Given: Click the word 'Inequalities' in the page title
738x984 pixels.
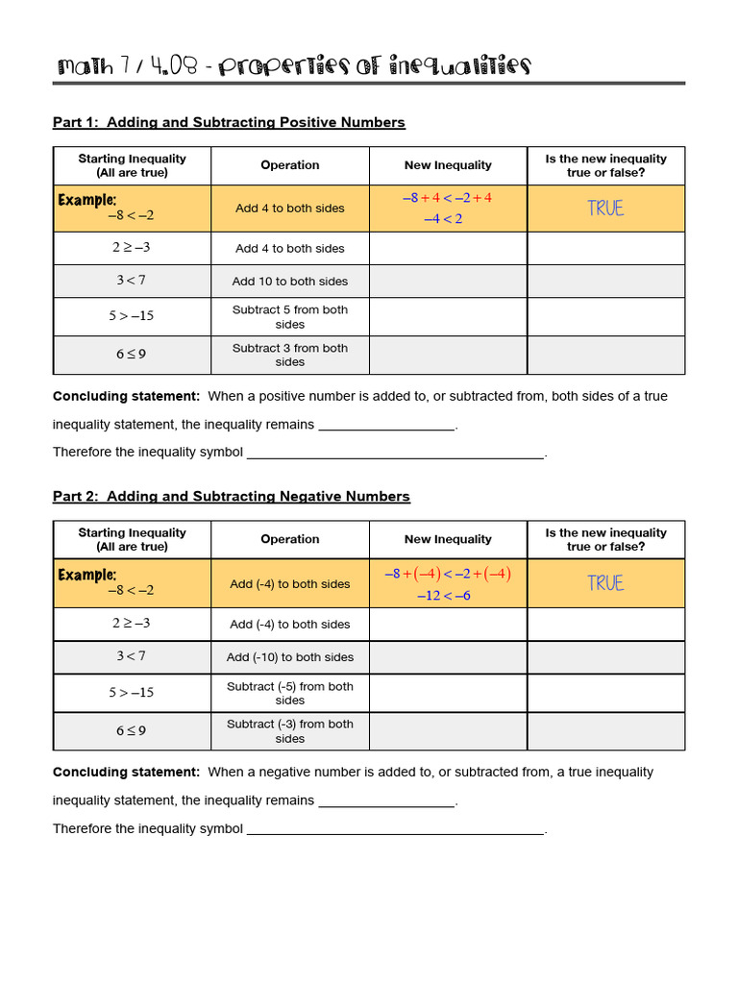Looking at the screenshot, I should pyautogui.click(x=457, y=66).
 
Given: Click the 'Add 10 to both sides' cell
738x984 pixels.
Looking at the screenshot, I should pyautogui.click(x=290, y=282).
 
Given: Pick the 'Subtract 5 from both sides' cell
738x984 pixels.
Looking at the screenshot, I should pyautogui.click(x=290, y=317).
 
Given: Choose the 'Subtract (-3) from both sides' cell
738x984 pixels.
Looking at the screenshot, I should pyautogui.click(x=290, y=731).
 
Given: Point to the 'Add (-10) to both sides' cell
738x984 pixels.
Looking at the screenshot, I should pyautogui.click(x=290, y=657).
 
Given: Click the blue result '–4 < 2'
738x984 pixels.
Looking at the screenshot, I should pyautogui.click(x=443, y=219).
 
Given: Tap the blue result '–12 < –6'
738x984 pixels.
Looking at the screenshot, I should pyautogui.click(x=444, y=596).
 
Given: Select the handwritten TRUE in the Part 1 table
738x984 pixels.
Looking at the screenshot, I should pyautogui.click(x=605, y=209).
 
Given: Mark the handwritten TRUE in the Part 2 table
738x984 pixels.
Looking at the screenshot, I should pyautogui.click(x=605, y=583).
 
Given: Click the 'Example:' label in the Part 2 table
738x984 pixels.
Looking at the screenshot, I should pyautogui.click(x=86, y=575).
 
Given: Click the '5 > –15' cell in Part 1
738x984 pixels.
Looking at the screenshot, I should pyautogui.click(x=132, y=316).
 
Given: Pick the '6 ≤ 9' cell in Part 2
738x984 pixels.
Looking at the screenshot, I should pyautogui.click(x=132, y=730).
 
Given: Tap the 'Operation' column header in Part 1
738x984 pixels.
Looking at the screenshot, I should pyautogui.click(x=290, y=165).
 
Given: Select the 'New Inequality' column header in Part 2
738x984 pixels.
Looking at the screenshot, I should pyautogui.click(x=448, y=539).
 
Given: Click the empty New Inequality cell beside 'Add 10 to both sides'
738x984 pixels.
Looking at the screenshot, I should pyautogui.click(x=448, y=282).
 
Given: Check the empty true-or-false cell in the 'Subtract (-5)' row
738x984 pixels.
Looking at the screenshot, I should pyautogui.click(x=605, y=693).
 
